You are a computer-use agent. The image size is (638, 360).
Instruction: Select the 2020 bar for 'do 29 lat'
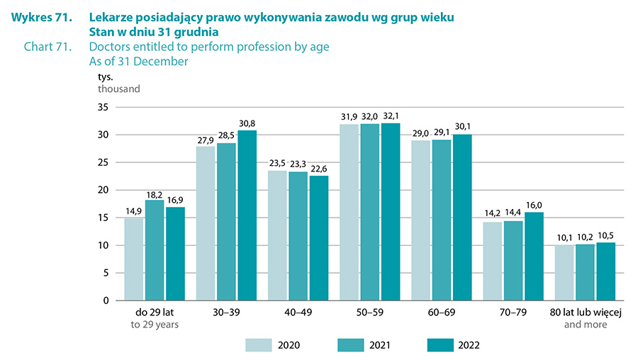[x=133, y=259]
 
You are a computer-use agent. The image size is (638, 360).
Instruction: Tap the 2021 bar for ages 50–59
[x=370, y=212]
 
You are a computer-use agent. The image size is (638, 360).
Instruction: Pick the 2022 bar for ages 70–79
[x=534, y=256]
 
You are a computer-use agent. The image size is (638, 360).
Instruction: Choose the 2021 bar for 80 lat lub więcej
[x=585, y=272]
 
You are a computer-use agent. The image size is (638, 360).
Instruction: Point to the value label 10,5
[x=607, y=235]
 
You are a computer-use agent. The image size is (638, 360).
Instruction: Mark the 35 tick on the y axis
[x=103, y=108]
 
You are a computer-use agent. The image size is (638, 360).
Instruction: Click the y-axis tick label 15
[x=103, y=218]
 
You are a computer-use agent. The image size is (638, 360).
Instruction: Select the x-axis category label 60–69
[x=442, y=312]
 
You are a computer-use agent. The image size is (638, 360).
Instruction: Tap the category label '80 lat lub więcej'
[x=585, y=312]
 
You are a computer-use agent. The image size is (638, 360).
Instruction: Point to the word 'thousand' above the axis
[x=119, y=89]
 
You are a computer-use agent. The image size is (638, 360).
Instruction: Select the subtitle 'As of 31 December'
[x=139, y=62]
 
